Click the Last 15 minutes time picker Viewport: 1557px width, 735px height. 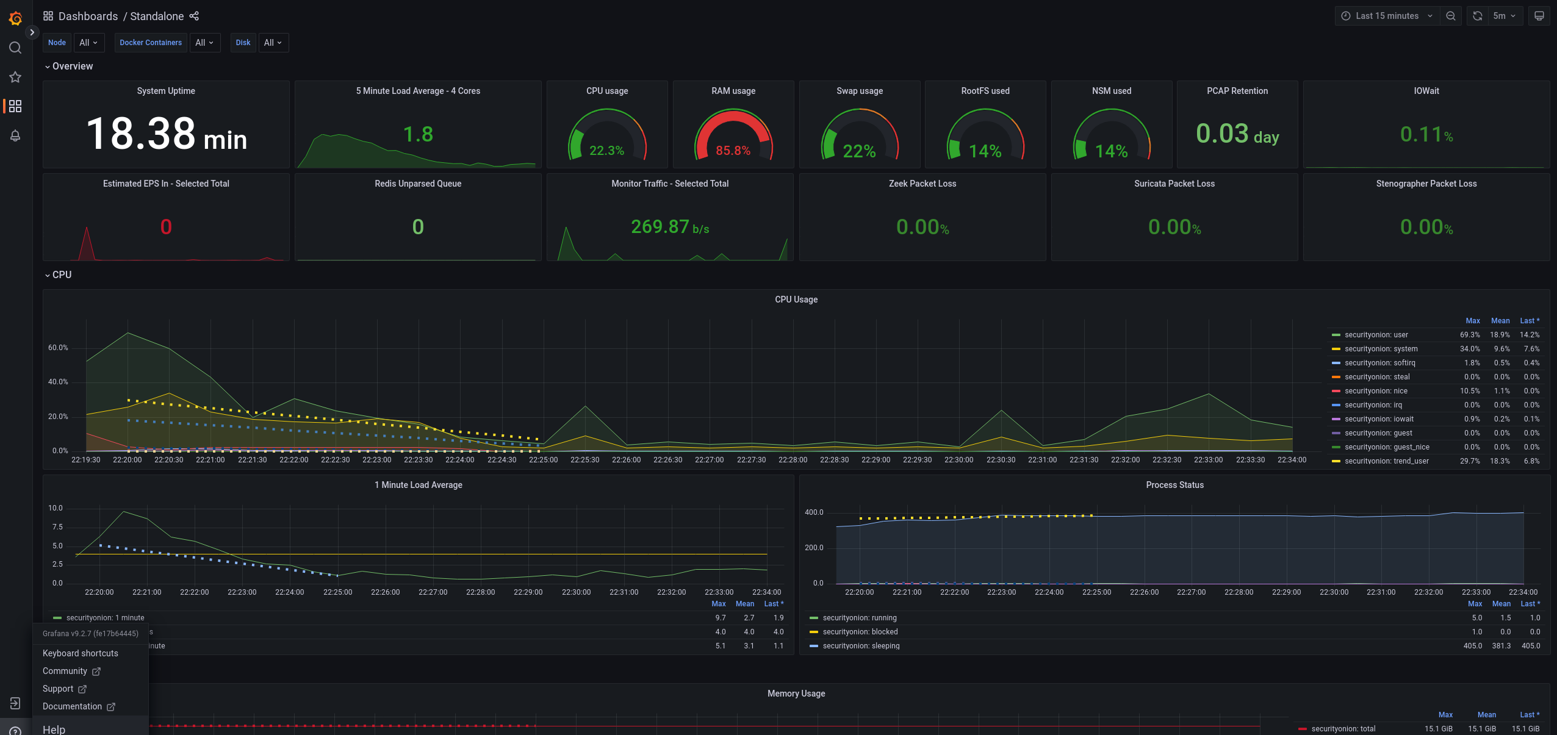pos(1387,16)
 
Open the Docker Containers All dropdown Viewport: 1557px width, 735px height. pos(204,43)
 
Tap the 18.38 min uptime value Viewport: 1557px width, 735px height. pos(166,134)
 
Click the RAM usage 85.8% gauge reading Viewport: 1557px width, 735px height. pos(733,151)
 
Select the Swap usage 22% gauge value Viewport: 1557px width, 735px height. pos(859,151)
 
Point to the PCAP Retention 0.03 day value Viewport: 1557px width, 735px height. pos(1237,134)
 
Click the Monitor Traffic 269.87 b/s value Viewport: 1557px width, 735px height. pos(669,227)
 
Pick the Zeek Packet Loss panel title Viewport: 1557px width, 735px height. pos(922,184)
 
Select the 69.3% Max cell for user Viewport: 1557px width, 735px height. pos(1469,335)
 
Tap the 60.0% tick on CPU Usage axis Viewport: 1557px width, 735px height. pos(59,348)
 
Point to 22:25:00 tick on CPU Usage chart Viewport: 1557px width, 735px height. pos(543,460)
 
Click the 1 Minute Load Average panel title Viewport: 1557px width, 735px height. pos(418,485)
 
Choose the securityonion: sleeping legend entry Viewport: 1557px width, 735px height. pos(860,646)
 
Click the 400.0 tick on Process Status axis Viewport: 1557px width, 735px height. pos(814,512)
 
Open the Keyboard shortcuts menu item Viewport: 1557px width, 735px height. pos(81,653)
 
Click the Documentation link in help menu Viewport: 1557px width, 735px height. pos(72,706)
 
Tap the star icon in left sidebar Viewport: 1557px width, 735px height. pos(15,77)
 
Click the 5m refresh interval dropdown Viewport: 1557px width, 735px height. pos(1504,16)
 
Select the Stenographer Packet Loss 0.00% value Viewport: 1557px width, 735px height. pos(1426,228)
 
